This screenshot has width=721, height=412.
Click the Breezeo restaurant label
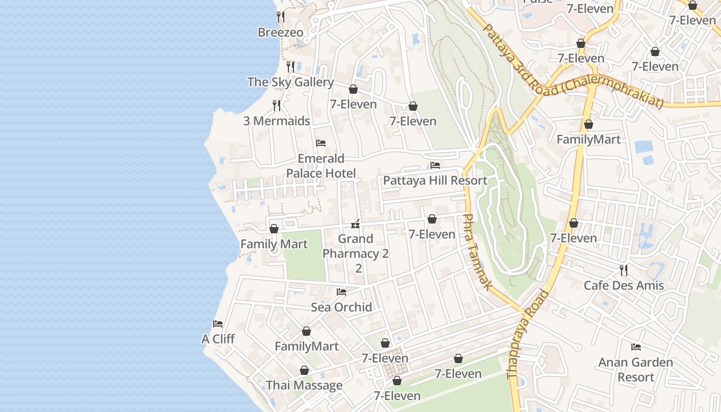coord(281,32)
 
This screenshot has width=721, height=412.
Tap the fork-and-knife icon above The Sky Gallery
coord(290,66)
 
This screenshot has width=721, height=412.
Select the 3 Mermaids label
coord(277,121)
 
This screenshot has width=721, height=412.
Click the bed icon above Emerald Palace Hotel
coord(321,143)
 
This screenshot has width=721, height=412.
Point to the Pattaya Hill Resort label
coord(435,180)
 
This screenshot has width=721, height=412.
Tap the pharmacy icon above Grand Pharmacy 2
coord(355,224)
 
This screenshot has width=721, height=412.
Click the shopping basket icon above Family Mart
coord(274,229)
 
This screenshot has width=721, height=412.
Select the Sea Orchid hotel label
coord(341,307)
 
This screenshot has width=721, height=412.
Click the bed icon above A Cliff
coord(218,324)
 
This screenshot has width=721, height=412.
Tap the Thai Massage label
coord(304,385)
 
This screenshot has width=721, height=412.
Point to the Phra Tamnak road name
coord(476,252)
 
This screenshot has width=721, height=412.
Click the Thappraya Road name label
coord(528,335)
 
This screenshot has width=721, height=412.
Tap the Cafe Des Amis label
coord(624,285)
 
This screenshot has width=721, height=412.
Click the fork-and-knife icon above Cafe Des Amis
coord(624,270)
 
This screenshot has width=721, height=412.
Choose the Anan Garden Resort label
coord(636,369)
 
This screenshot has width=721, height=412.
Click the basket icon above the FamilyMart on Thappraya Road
coord(588,125)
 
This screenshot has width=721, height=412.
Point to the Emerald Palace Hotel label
coord(321,166)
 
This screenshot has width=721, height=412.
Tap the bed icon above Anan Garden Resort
coord(636,347)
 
